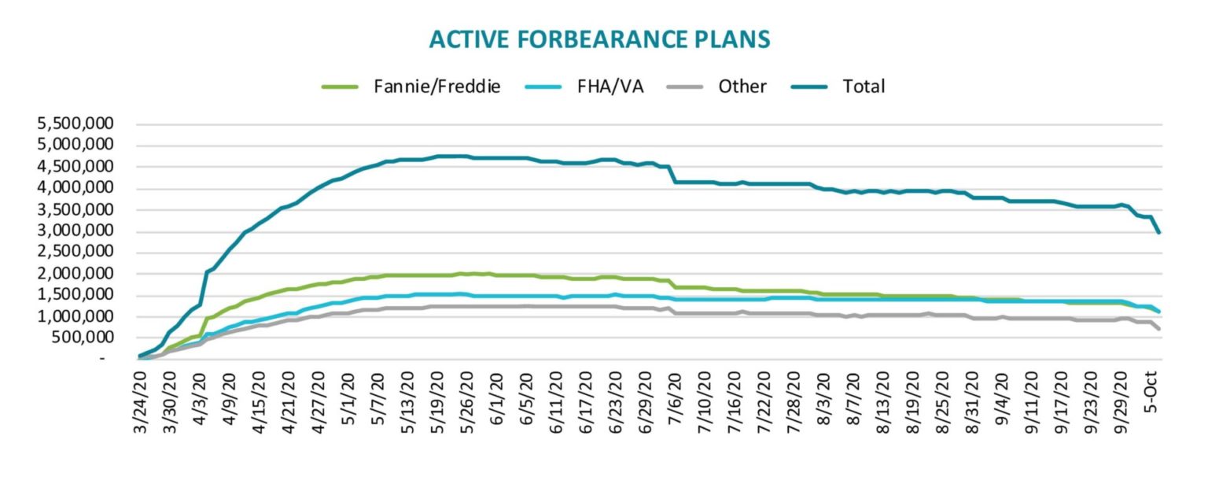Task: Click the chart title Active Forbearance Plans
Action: (599, 39)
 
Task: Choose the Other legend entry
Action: (716, 87)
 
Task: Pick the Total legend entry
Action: (839, 87)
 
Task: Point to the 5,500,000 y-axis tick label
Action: (76, 124)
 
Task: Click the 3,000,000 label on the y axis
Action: (76, 231)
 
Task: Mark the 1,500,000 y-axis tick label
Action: (76, 295)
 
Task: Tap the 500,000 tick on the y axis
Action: (87, 338)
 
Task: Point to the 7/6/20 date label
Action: (673, 403)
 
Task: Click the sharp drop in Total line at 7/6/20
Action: (672, 174)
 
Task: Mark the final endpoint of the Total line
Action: (1159, 232)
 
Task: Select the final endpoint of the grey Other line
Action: (1159, 328)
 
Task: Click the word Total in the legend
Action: (864, 87)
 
